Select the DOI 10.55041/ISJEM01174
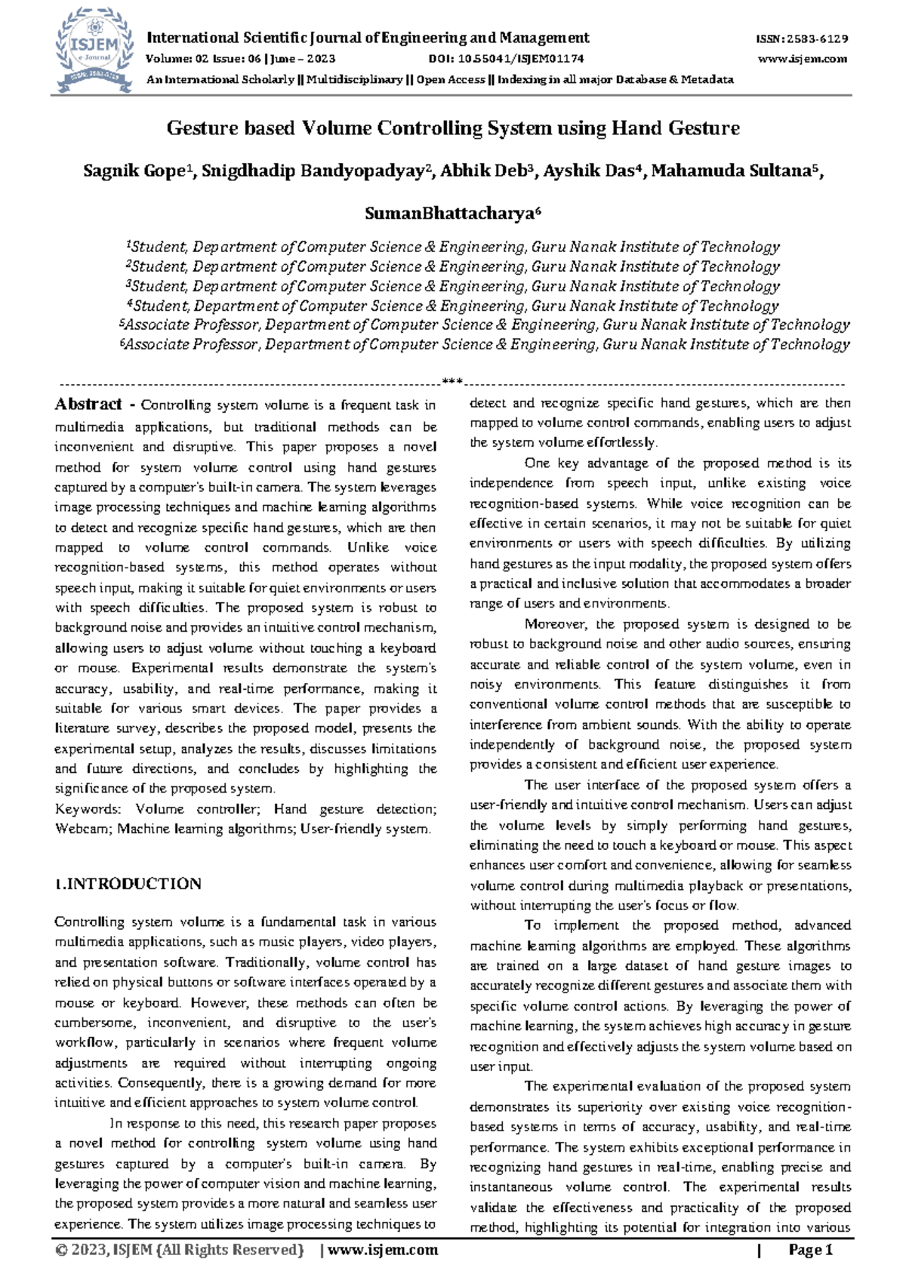[x=505, y=59]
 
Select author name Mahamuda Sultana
[x=733, y=171]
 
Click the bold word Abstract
[x=88, y=404]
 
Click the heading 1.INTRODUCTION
[x=128, y=884]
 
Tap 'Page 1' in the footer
[x=810, y=1251]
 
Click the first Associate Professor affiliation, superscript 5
[x=484, y=325]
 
